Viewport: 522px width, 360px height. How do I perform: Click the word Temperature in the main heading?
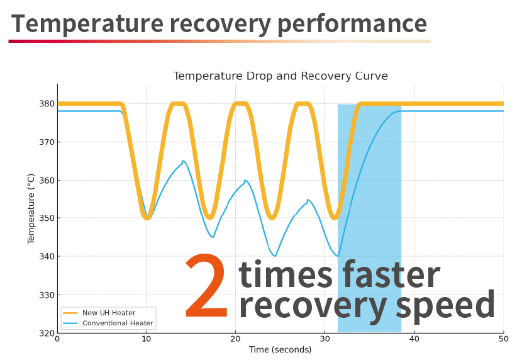click(87, 23)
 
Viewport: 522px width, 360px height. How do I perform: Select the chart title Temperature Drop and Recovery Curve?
click(280, 76)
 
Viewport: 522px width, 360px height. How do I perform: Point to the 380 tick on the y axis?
click(47, 104)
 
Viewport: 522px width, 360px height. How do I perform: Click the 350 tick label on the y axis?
click(47, 218)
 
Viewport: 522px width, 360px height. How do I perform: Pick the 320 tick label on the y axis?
click(47, 333)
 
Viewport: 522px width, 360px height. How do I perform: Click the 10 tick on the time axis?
click(146, 339)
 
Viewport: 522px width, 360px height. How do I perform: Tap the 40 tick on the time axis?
click(414, 339)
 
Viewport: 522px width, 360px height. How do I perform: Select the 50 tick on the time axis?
click(504, 339)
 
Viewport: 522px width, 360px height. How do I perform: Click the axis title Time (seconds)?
click(280, 350)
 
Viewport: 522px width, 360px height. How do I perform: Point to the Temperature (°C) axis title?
click(31, 209)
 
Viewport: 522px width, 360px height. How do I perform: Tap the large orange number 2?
click(207, 285)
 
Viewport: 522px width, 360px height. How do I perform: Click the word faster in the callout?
click(391, 274)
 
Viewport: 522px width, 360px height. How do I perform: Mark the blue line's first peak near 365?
click(183, 161)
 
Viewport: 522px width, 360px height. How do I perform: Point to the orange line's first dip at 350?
click(147, 218)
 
